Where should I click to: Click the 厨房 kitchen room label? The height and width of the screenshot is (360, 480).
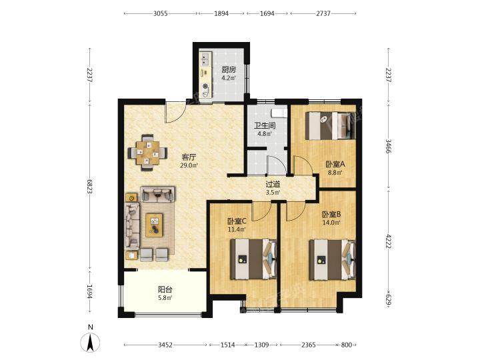point(229,69)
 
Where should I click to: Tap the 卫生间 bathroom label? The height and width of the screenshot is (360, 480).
point(265,125)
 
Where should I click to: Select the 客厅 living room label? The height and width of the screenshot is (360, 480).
point(189,157)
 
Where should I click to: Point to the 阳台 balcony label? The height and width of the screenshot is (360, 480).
point(165,289)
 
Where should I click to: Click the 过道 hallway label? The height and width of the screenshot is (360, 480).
point(273,184)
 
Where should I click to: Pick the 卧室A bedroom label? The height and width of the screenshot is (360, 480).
point(335,164)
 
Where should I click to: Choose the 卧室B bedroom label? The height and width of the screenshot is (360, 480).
point(331,214)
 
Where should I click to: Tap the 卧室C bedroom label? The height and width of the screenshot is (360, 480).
point(237,221)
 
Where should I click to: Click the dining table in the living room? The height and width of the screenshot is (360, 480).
point(147,152)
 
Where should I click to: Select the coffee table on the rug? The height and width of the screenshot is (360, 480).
point(154,225)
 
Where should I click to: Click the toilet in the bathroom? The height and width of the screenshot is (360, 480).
point(279,113)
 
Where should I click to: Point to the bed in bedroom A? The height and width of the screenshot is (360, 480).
point(331,125)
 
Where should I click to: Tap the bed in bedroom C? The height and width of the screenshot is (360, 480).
point(254,259)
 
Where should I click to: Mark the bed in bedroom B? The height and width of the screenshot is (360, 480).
point(333,260)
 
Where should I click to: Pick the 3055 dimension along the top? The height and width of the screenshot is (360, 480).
point(161,13)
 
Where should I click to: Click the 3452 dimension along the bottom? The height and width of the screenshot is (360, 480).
point(165,345)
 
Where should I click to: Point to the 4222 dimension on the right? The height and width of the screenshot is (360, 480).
point(389,241)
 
